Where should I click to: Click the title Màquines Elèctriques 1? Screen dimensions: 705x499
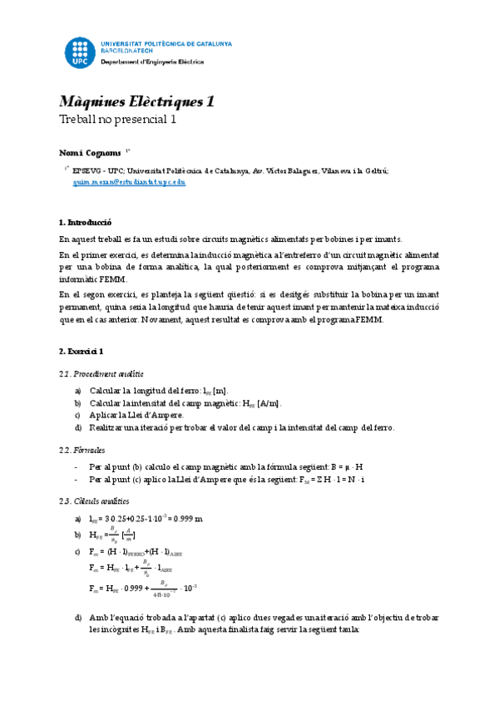[137, 101]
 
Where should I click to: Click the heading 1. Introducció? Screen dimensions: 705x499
[86, 223]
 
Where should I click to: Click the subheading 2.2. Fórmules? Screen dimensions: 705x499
[82, 449]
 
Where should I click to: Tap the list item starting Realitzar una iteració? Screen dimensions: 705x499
[241, 427]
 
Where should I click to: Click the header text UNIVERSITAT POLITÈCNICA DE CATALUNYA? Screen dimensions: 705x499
[166, 42]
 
